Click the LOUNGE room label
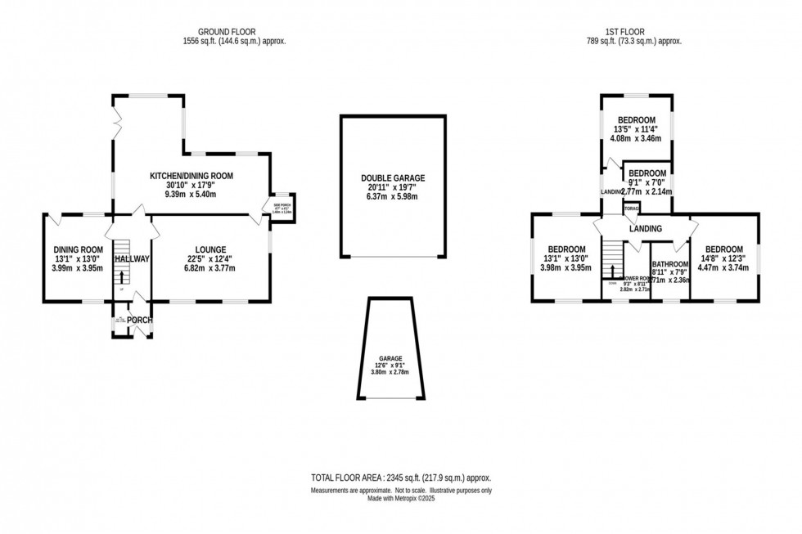click(x=210, y=249)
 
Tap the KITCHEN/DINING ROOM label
click(x=191, y=176)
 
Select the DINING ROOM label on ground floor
click(x=79, y=249)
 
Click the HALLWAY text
click(x=132, y=259)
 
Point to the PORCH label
click(x=139, y=320)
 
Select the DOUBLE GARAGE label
click(x=393, y=177)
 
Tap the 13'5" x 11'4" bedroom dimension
click(x=636, y=128)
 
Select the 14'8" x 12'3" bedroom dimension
click(x=724, y=259)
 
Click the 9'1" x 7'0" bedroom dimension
click(x=647, y=182)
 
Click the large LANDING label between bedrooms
click(x=645, y=230)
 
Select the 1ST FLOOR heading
click(x=635, y=31)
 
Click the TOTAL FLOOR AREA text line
click(x=400, y=478)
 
